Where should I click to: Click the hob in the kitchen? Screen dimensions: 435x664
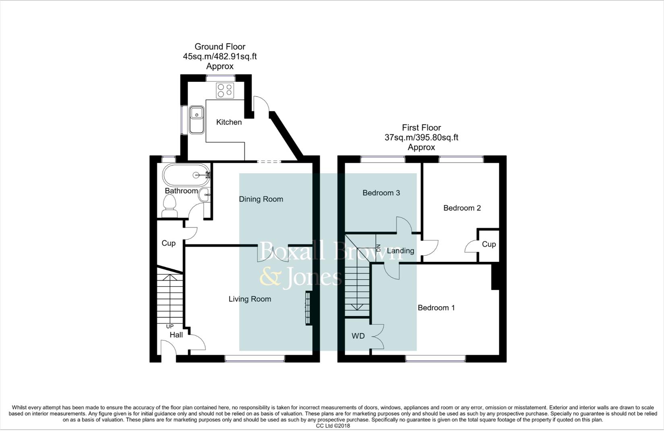click(x=225, y=91)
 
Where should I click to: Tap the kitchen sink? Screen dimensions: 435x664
click(x=197, y=119)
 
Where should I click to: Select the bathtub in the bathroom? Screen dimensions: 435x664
click(x=186, y=175)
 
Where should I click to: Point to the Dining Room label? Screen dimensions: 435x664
click(x=261, y=199)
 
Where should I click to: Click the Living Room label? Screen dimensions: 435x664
click(x=250, y=299)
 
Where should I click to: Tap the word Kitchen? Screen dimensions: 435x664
click(x=229, y=122)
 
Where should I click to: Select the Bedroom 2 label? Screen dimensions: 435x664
click(x=462, y=208)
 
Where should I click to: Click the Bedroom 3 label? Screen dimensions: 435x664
click(x=381, y=193)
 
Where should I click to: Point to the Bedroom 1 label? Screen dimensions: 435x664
click(x=436, y=308)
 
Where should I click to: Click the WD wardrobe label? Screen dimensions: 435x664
click(x=358, y=336)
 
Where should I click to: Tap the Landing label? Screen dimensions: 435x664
click(x=400, y=251)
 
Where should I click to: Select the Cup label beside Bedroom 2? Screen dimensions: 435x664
click(x=488, y=244)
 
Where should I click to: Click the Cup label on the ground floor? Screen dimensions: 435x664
click(x=168, y=243)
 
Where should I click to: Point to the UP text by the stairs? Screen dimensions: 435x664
click(x=170, y=326)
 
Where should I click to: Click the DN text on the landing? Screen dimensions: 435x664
click(x=378, y=248)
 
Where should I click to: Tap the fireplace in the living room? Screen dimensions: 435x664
click(x=308, y=307)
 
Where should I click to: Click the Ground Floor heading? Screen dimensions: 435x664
click(x=220, y=47)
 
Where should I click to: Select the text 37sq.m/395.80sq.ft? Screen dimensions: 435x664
click(x=421, y=137)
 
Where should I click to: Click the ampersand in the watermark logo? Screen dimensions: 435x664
click(x=270, y=278)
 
